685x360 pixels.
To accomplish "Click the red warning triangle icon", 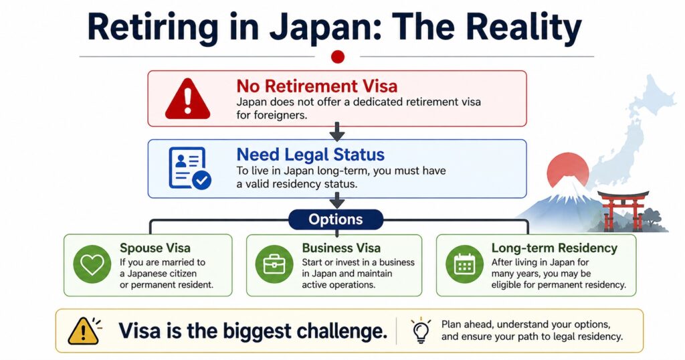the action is coord(187,99).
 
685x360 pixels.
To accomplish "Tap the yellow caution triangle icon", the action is coord(83,331).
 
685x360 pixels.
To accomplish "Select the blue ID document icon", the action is coord(189,168).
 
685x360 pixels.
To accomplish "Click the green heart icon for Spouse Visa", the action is coord(92,264).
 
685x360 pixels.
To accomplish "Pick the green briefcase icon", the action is coord(274,264).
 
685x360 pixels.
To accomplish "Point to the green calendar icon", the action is coord(464,264).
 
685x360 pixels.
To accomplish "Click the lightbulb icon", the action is coord(421,331).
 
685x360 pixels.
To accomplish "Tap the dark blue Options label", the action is coord(336,219).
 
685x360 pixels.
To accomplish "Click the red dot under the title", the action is coord(338,57).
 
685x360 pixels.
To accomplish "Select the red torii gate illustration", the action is coord(623,210).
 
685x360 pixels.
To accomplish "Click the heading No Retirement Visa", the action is coord(316,86).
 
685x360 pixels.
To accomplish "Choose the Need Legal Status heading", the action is coord(310,155).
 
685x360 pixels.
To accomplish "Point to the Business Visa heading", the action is coord(341,248).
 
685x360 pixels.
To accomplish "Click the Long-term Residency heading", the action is coord(554,248).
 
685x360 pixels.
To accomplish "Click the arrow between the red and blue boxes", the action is coord(337,132).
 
